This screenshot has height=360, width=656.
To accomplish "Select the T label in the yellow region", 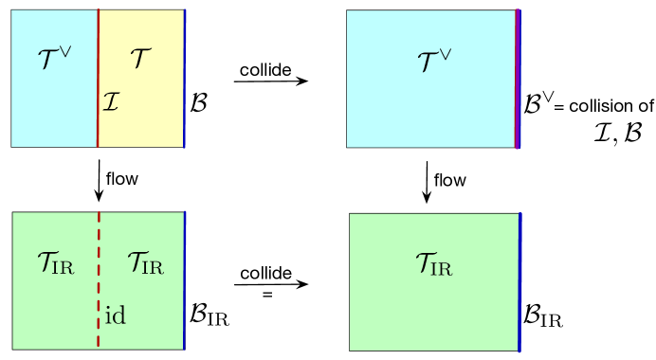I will tap(140, 58).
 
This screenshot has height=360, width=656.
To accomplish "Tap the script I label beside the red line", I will tap(110, 99).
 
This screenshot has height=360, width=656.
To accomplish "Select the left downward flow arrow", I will tap(99, 180).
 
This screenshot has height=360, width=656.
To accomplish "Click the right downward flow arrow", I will tap(427, 182).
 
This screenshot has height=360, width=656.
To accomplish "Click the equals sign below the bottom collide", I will tap(267, 295).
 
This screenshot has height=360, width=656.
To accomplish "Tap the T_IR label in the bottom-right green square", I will tap(432, 266).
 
